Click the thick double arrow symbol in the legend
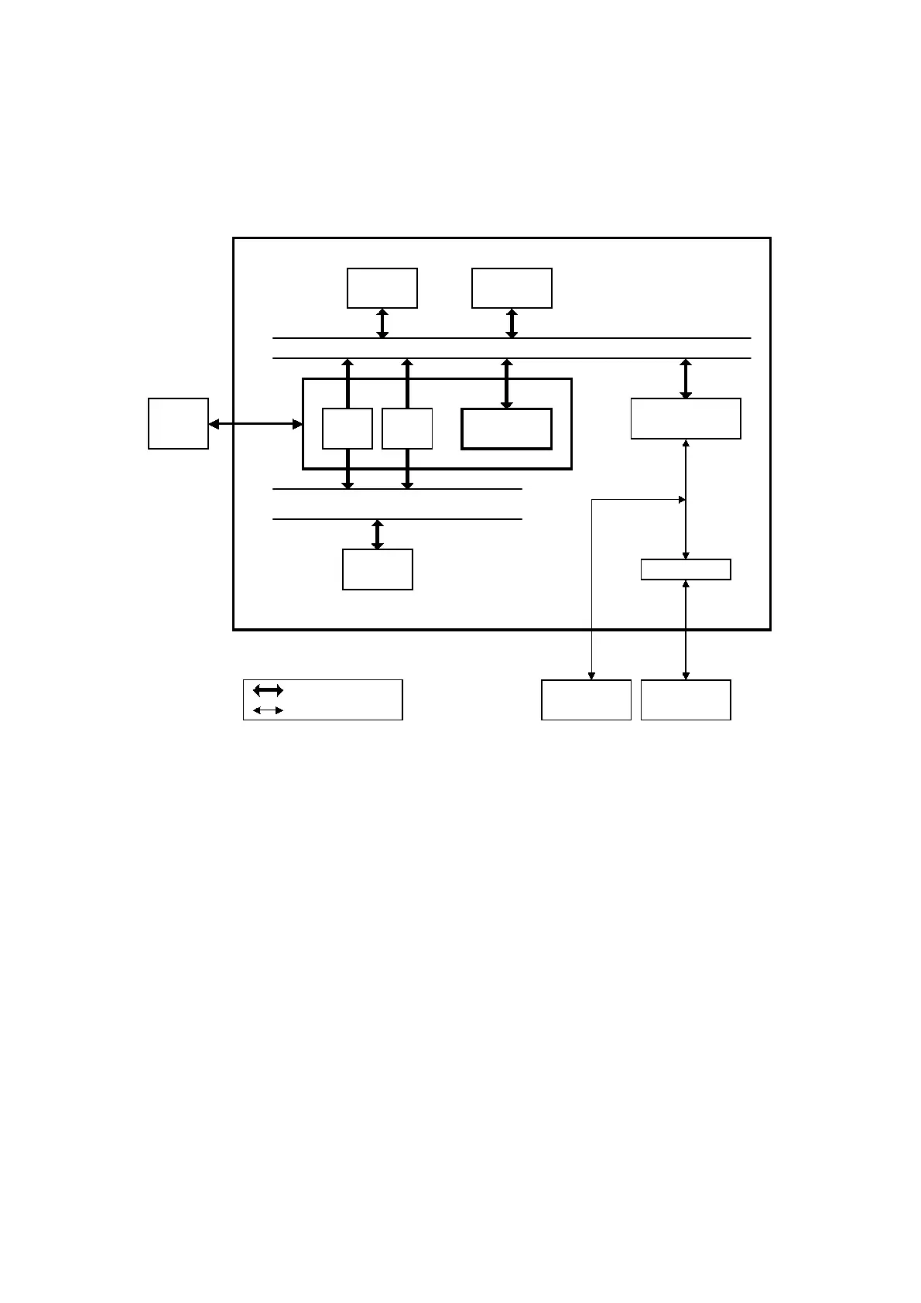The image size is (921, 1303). click(268, 690)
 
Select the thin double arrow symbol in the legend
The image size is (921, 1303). click(268, 710)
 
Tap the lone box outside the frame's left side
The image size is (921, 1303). click(178, 423)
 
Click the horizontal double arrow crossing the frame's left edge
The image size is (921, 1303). click(255, 424)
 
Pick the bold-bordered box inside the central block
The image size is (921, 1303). click(506, 429)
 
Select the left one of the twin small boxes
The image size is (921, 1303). click(347, 429)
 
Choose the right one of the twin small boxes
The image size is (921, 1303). click(407, 429)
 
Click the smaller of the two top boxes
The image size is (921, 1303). click(382, 288)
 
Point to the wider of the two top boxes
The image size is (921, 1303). click(512, 288)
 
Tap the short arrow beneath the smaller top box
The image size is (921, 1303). click(382, 323)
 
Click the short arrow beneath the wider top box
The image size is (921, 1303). click(512, 323)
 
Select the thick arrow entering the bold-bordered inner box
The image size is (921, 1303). click(507, 384)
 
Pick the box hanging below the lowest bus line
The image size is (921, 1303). click(378, 569)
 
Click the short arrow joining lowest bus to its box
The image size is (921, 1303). click(378, 535)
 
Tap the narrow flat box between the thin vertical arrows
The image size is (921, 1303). click(686, 569)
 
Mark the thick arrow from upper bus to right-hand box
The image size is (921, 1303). click(686, 378)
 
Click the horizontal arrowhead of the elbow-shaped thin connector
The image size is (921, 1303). click(681, 500)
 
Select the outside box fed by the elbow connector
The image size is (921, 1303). click(586, 700)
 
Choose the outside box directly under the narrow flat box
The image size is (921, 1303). click(686, 700)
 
